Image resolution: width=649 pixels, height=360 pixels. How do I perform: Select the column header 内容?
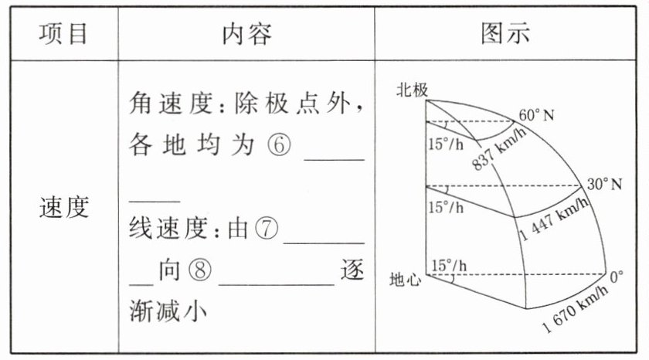click(247, 33)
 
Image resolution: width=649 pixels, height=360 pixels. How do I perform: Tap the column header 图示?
click(505, 33)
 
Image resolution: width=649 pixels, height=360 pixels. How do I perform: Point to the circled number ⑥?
click(280, 148)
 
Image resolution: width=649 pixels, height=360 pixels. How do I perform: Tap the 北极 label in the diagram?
click(411, 90)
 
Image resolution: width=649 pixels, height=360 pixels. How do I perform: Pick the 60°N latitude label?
click(537, 117)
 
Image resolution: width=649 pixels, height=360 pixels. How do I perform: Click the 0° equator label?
click(616, 276)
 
